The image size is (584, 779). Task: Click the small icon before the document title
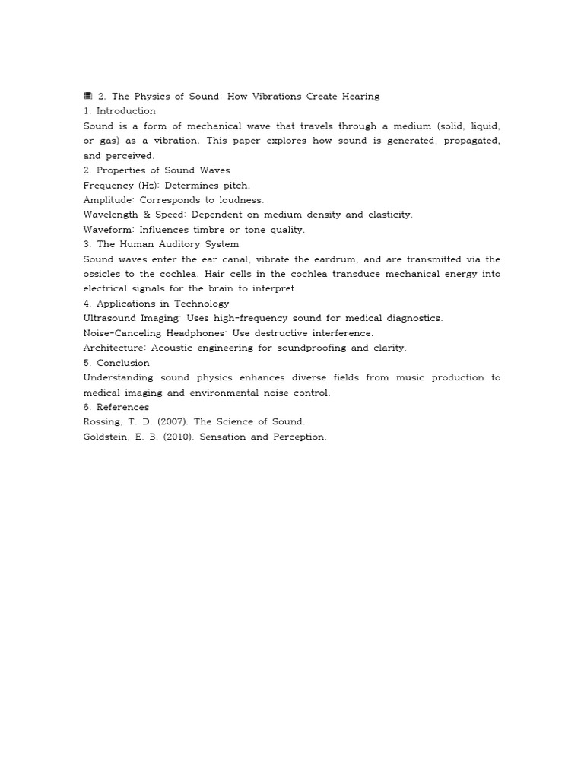[x=87, y=96]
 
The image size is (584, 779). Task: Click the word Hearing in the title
[x=360, y=96]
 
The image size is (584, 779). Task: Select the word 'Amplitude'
[x=108, y=200]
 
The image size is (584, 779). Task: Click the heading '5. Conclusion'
[x=116, y=363]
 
